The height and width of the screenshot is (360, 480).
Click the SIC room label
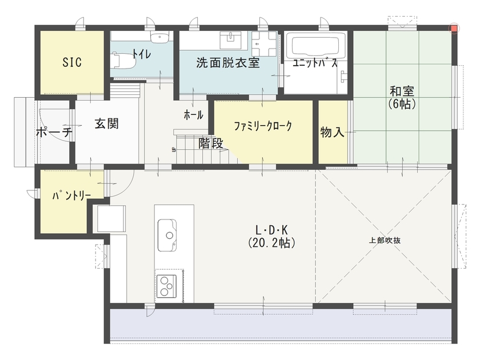72,62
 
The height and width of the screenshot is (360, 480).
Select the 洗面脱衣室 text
227,63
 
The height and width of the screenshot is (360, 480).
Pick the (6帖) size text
402,104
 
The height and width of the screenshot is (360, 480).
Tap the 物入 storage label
332,133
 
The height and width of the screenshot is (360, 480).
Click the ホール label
193,114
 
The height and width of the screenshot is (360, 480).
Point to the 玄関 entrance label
107,123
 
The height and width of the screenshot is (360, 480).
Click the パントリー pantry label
72,196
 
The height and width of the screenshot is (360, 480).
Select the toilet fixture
122,59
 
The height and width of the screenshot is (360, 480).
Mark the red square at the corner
454,27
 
